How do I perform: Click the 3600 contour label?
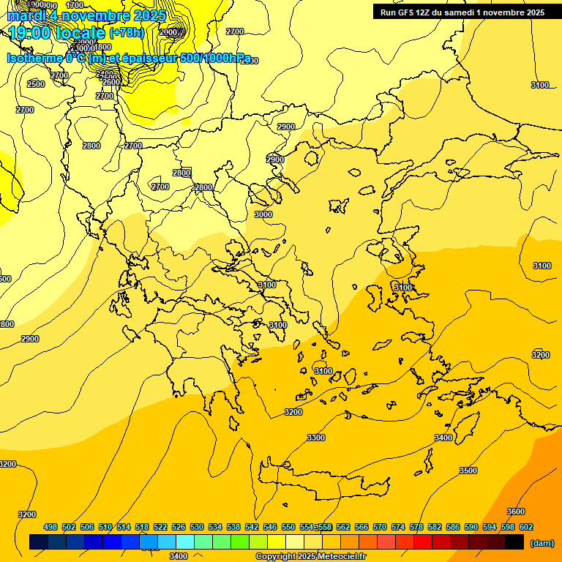[x=516, y=512]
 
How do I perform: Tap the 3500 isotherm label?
[x=468, y=471]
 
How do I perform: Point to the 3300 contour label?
[x=315, y=438]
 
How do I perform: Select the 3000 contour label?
[x=263, y=214]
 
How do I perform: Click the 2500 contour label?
[x=36, y=84]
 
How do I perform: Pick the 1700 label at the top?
[x=75, y=4]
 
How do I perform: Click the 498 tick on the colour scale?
[x=50, y=527]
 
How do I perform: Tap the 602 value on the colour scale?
[x=526, y=527]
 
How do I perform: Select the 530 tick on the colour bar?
[x=197, y=527]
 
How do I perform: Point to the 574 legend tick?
[x=398, y=527]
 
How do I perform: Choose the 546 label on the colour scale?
[x=270, y=527]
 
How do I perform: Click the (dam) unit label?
[x=542, y=542]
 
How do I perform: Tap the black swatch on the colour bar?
[x=514, y=542]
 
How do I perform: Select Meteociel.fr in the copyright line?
[x=342, y=556]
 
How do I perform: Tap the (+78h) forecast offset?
[x=126, y=33]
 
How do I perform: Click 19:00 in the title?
[x=30, y=32]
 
